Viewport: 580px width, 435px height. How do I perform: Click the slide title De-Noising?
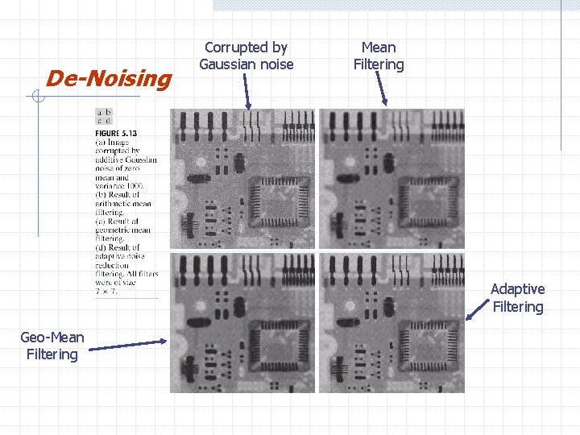109,78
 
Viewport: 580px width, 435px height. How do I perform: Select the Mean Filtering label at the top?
379,56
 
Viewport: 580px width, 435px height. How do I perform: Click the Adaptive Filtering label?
517,297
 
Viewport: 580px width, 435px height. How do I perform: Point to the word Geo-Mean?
52,338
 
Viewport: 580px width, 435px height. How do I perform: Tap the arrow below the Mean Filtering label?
382,91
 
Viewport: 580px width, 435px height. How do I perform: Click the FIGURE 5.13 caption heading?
116,133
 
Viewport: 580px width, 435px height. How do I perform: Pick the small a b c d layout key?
104,117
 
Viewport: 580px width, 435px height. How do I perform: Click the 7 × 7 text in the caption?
106,292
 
